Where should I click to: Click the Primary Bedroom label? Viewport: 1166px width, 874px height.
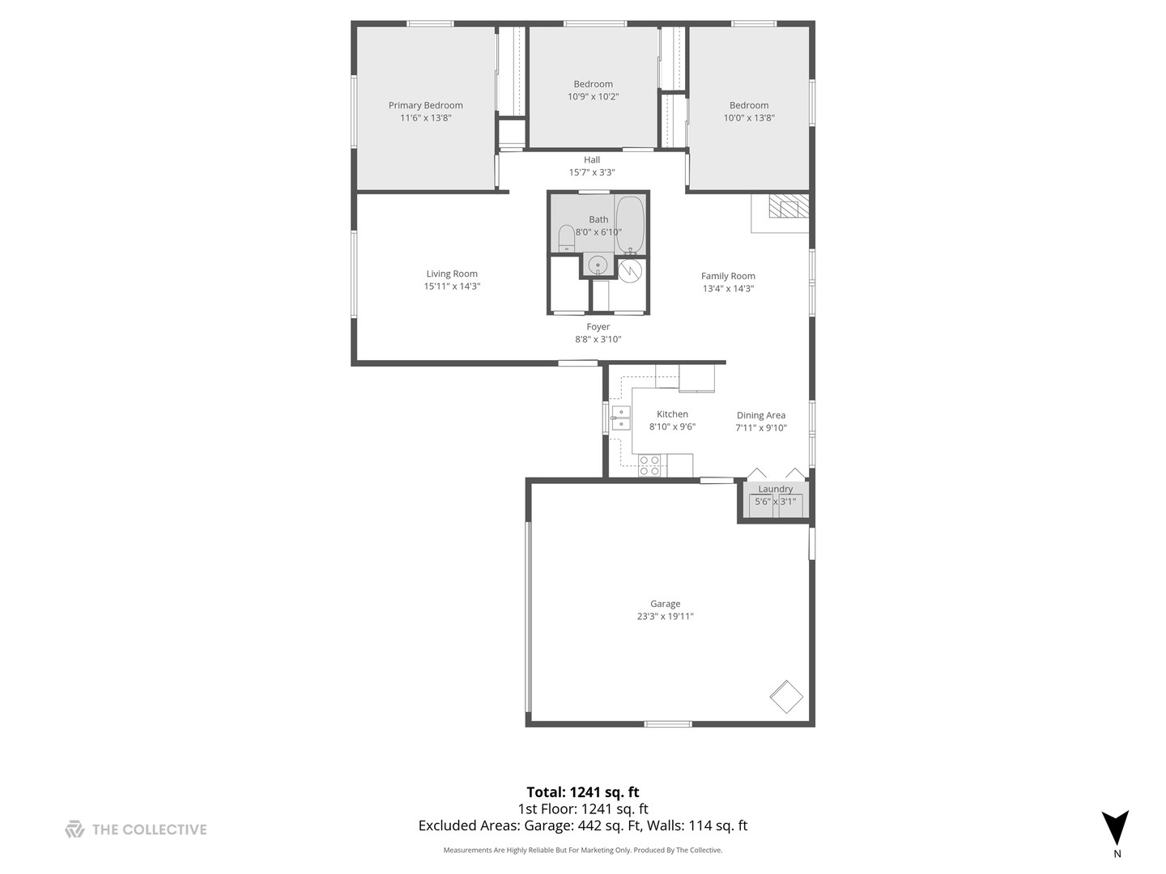[x=425, y=105]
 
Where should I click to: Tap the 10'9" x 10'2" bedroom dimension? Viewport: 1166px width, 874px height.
[x=593, y=97]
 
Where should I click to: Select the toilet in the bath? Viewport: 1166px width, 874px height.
[x=566, y=238]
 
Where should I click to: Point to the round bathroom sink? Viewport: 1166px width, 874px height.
[x=598, y=264]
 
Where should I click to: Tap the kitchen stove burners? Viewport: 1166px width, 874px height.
[x=649, y=465]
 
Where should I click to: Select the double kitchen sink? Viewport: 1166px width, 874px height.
[x=621, y=418]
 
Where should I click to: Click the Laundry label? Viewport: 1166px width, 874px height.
[x=775, y=489]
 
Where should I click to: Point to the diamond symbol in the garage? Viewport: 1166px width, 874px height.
[x=785, y=696]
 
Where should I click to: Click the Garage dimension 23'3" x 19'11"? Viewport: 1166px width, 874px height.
[x=665, y=617]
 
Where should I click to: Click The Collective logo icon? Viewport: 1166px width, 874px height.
[x=74, y=829]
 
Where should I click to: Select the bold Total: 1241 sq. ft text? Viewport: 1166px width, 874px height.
[x=583, y=792]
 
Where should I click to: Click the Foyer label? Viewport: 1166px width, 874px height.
[x=598, y=327]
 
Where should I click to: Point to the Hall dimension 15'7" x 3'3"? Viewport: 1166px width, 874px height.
[x=592, y=172]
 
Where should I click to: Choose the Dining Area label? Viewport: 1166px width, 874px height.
[x=760, y=415]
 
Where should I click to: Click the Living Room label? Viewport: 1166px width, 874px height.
[x=452, y=274]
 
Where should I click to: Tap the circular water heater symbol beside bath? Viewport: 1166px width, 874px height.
[x=630, y=269]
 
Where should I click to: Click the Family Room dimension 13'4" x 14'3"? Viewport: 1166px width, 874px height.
[x=728, y=289]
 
